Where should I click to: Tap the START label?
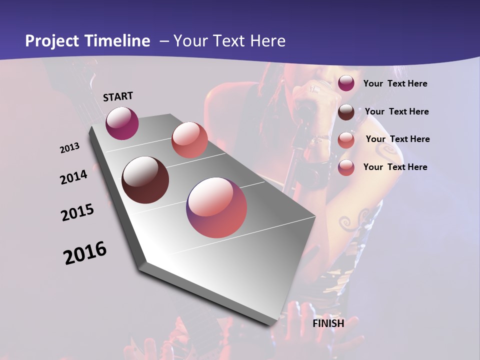118,96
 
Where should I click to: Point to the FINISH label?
328,323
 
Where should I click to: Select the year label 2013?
70,148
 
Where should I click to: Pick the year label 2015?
77,213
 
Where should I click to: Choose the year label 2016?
85,253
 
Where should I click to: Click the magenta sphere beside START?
122,123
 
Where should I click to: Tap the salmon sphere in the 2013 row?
189,139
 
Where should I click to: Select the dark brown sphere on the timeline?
145,180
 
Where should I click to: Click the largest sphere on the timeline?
216,207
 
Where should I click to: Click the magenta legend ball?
346,83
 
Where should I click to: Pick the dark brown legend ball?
346,112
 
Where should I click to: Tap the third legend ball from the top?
346,139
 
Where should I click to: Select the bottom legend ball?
346,167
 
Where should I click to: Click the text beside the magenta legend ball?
395,83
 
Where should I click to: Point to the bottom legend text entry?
395,167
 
